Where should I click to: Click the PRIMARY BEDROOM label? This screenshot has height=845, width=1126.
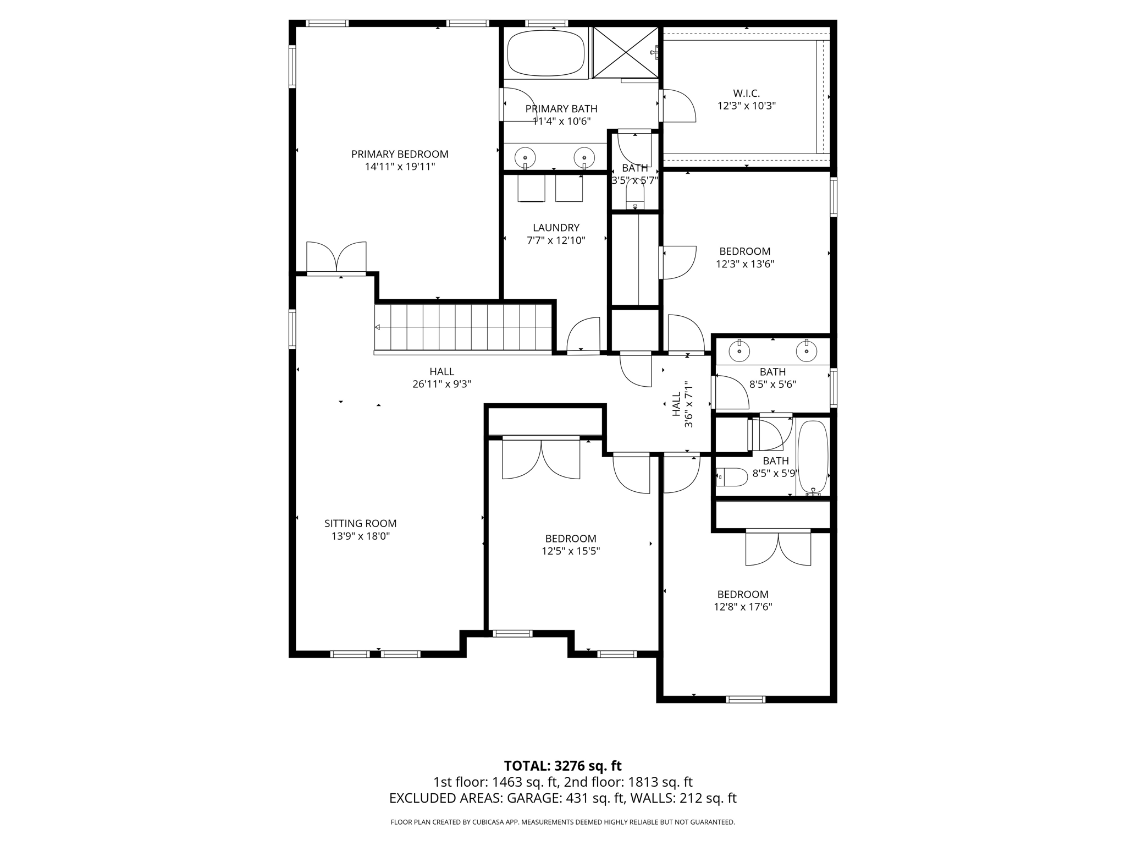point(400,155)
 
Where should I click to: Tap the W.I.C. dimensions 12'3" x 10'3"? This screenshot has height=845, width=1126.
point(746,106)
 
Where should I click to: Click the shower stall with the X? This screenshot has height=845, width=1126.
point(626,53)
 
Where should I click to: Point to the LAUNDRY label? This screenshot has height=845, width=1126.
point(556,228)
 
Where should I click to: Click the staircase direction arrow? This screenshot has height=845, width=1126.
point(378,327)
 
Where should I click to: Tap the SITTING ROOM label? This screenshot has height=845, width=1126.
point(360,524)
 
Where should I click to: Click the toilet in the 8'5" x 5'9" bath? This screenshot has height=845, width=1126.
point(732,477)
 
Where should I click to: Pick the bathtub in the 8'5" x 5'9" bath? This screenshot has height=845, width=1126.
point(813,457)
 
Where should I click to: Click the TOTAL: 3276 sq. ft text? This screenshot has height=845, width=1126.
point(562,766)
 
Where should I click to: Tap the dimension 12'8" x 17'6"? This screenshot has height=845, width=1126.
point(743,607)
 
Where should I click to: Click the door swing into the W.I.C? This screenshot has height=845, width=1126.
point(679,106)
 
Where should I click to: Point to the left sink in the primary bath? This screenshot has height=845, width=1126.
point(525,157)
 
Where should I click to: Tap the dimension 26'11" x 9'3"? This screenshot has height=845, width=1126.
point(441,384)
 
